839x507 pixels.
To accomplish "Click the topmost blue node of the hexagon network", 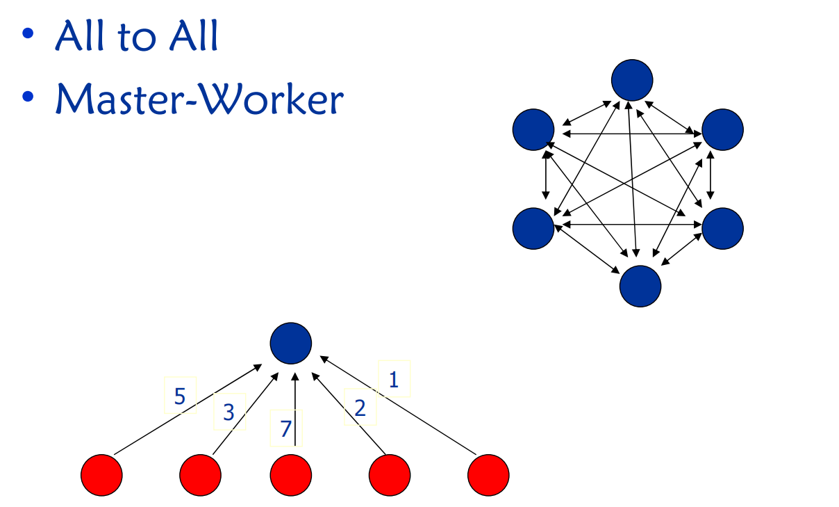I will pyautogui.click(x=632, y=80).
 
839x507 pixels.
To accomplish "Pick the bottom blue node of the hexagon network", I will pyautogui.click(x=640, y=286).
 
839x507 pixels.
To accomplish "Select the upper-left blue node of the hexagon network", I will pyautogui.click(x=533, y=129).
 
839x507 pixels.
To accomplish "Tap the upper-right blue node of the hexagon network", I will pyautogui.click(x=722, y=129).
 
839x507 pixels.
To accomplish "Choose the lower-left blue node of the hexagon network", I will pyautogui.click(x=533, y=227).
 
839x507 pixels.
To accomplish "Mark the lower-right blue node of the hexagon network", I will pyautogui.click(x=722, y=227).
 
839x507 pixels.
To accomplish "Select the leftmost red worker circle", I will pyautogui.click(x=101, y=475).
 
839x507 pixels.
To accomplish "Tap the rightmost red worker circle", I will pyautogui.click(x=488, y=475).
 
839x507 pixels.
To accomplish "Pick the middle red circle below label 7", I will pyautogui.click(x=290, y=475).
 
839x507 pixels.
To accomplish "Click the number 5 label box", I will pyautogui.click(x=180, y=396).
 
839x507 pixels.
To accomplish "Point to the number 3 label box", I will pyautogui.click(x=229, y=412).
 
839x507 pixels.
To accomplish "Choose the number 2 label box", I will pyautogui.click(x=360, y=407).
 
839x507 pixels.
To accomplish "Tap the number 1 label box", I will pyautogui.click(x=394, y=379).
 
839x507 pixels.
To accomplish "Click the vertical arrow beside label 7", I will pyautogui.click(x=296, y=410).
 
